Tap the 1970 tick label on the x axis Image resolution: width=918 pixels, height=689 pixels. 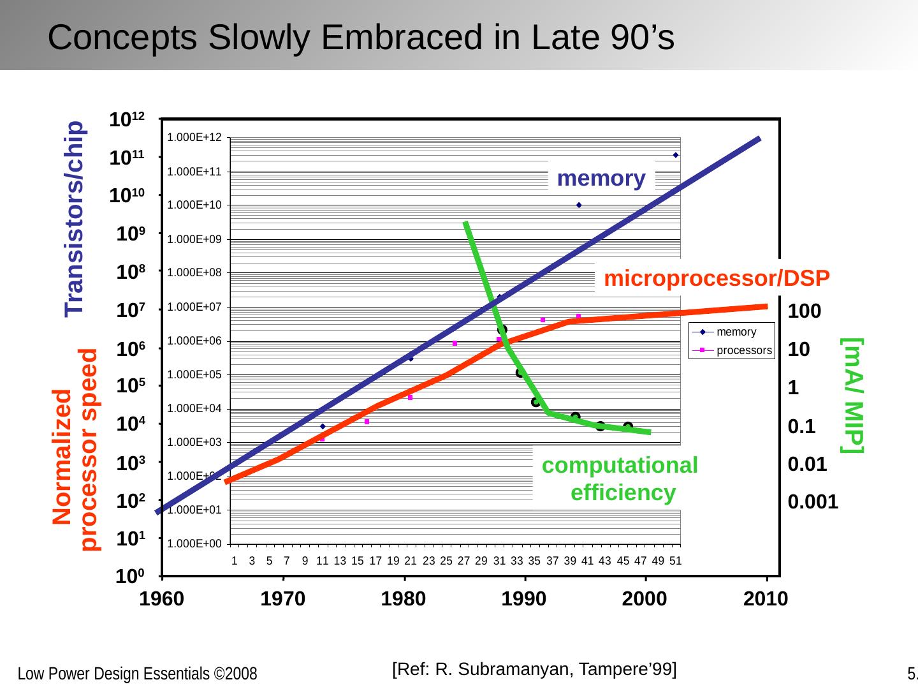282,600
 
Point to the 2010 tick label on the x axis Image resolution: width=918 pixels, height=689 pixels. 766,600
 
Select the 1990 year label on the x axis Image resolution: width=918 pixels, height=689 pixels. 524,600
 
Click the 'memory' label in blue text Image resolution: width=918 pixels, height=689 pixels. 601,178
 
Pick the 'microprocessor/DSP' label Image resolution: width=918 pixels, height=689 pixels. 717,278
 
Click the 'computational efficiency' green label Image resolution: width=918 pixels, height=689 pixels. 620,478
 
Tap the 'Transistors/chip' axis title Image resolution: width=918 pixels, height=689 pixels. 74,218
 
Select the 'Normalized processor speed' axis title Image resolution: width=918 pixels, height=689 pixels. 75,449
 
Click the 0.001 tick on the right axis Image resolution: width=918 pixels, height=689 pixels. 813,503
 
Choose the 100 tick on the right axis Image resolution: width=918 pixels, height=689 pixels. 805,312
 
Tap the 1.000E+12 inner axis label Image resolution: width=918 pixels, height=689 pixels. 194,137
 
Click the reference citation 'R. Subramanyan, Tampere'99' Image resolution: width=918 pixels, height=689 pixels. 534,669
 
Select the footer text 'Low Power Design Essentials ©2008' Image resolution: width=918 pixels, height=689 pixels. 137,674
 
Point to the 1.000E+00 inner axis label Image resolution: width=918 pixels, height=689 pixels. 194,544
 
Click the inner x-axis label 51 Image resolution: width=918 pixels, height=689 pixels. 675,561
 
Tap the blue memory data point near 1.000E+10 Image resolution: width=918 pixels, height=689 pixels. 579,205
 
